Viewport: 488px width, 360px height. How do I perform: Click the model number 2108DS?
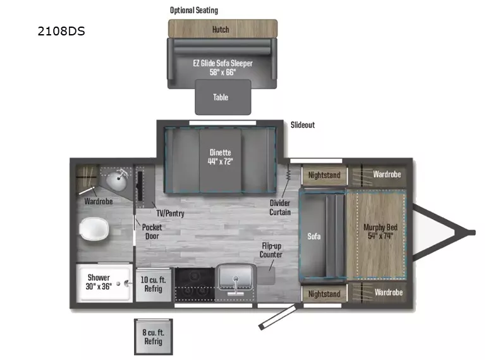coord(61,30)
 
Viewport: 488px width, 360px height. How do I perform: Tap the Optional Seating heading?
coord(193,10)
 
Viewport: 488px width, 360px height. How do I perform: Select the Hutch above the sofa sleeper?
coord(221,29)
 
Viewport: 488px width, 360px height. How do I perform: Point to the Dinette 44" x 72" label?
coord(221,156)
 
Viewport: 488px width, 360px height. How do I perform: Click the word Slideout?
coord(302,125)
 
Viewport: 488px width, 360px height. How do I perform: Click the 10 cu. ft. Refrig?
coord(152,284)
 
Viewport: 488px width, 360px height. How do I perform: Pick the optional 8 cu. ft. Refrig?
coord(152,337)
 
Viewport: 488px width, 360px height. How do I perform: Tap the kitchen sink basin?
coord(235,279)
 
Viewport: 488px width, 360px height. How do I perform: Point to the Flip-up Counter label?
coord(271,250)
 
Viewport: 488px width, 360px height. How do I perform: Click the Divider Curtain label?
coord(280,207)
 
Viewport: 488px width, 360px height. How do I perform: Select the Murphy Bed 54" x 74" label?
coord(378,232)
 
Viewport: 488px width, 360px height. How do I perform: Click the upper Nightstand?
coord(324,175)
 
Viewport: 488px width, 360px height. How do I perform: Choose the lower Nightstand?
coord(324,294)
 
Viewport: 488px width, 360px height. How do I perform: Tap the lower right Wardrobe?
coord(387,292)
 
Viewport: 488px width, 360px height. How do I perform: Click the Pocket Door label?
coord(152,232)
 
